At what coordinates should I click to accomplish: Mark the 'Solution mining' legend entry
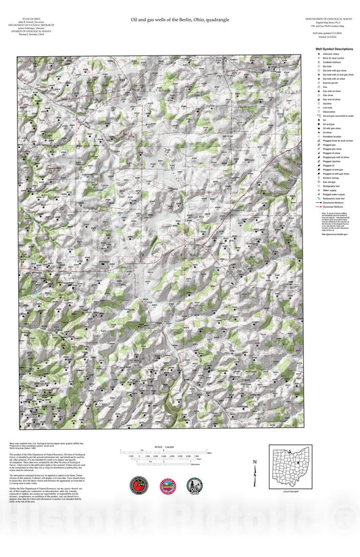(329, 177)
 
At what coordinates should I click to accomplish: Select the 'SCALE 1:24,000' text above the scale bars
(160, 447)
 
